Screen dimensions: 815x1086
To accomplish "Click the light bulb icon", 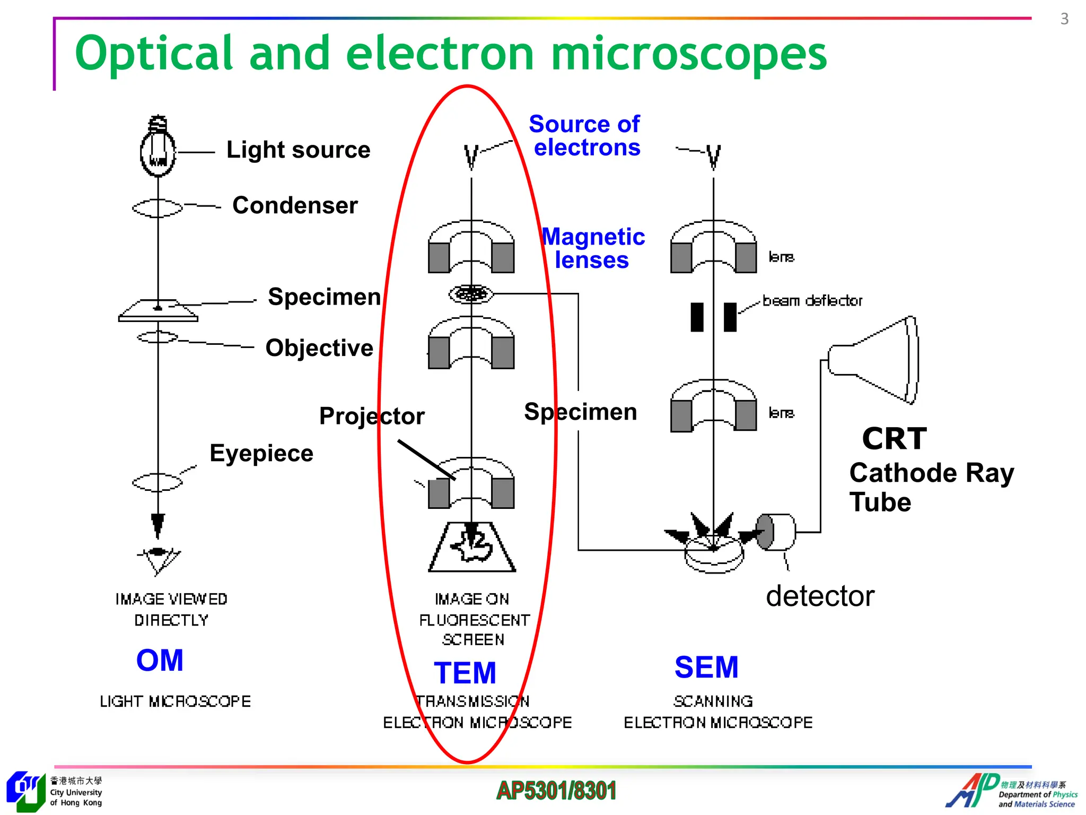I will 157,148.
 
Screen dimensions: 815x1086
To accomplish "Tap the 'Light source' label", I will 298,150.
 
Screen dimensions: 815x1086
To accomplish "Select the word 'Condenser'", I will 295,205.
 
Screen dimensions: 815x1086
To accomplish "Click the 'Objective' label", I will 319,348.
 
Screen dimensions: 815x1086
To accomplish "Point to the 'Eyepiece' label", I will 261,453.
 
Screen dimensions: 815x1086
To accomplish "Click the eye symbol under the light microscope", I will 158,559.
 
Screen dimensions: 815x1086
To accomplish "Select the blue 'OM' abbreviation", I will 160,661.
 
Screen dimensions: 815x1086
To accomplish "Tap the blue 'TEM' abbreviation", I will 465,673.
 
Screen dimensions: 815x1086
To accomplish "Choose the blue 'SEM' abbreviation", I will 706,667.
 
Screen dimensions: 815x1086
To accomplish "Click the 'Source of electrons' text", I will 585,136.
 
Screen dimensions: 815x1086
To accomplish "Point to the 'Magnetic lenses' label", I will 593,248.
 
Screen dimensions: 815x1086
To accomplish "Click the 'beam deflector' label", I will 812,301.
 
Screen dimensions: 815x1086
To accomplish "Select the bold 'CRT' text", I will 894,439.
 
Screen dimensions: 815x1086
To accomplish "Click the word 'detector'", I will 820,596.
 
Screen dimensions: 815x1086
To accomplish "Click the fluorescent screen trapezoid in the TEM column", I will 472,548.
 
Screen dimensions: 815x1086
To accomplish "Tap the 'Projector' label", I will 372,416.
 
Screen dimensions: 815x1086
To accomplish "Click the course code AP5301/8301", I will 556,791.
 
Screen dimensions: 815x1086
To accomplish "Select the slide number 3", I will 1064,19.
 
